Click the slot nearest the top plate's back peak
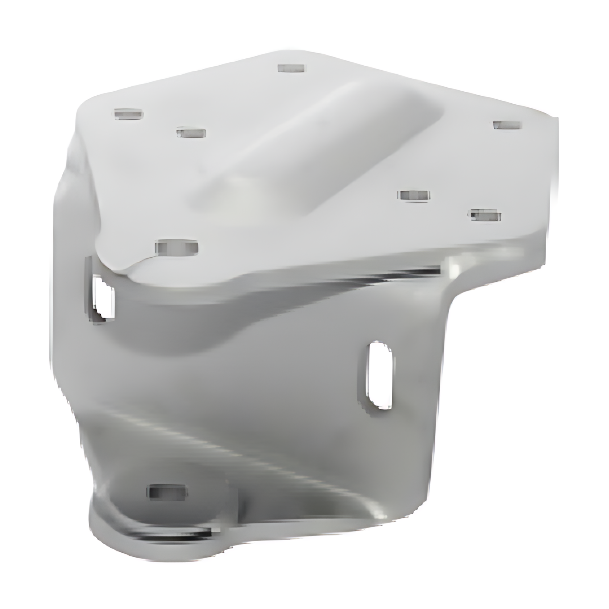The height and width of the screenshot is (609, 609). [x=291, y=68]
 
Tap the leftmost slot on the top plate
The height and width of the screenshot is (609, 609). [x=128, y=114]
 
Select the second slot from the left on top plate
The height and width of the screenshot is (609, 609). [x=191, y=133]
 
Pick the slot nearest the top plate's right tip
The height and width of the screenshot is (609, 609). [x=507, y=125]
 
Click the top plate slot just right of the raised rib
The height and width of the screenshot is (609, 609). [x=414, y=195]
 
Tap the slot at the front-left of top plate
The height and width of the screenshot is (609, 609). [x=177, y=247]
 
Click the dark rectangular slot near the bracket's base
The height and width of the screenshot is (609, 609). [x=167, y=492]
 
